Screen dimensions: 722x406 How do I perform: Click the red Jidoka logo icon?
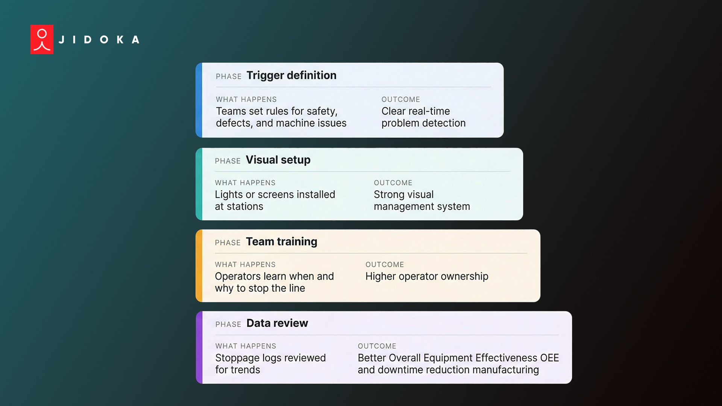point(42,39)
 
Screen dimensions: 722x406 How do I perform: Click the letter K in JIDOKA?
point(120,40)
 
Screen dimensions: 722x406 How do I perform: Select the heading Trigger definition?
point(291,76)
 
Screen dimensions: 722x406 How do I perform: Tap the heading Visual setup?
point(278,160)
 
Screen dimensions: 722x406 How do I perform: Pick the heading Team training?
point(281,242)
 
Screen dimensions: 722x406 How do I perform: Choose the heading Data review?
point(277,323)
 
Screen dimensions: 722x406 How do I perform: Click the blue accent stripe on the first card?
point(199,100)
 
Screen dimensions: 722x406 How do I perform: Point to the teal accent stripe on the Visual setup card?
point(199,184)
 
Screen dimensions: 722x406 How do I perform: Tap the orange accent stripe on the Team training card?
point(199,266)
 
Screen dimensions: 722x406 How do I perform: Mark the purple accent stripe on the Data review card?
point(199,347)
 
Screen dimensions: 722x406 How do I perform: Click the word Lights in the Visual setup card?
point(229,195)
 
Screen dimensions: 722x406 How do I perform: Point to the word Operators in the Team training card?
point(238,276)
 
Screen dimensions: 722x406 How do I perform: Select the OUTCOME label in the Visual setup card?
point(393,183)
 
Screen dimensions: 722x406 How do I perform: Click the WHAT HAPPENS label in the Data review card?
point(246,346)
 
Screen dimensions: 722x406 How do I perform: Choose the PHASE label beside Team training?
point(228,243)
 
